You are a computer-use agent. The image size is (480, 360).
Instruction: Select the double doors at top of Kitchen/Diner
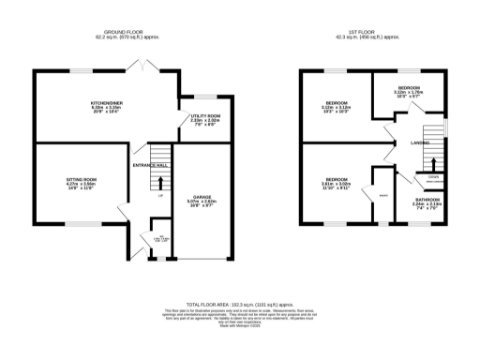142,67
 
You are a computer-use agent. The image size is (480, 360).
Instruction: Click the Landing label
420,142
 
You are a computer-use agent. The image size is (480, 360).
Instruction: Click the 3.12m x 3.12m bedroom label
337,105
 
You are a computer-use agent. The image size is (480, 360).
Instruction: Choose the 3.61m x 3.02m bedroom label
337,181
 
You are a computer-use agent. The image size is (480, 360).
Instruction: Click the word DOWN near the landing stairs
433,176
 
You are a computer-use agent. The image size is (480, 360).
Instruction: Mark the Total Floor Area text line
239,305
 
